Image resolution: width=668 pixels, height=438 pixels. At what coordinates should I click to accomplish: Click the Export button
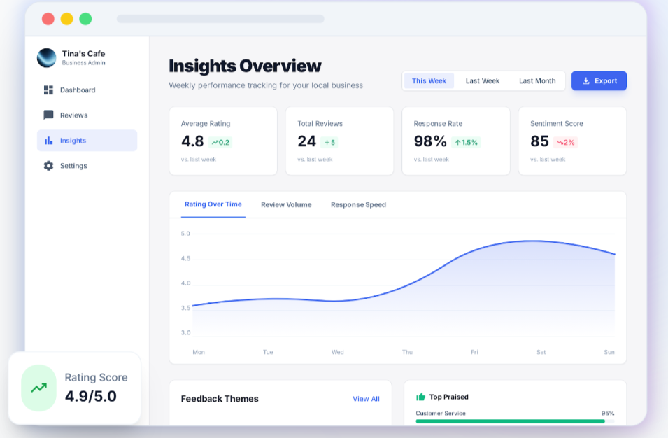pyautogui.click(x=599, y=80)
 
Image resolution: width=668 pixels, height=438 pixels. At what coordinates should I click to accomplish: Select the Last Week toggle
pyautogui.click(x=483, y=81)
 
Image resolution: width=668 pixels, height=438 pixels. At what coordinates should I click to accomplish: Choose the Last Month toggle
pyautogui.click(x=537, y=81)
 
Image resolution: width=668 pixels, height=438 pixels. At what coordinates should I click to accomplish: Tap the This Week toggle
pyautogui.click(x=429, y=81)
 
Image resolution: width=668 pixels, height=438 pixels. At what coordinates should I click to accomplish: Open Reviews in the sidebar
pyautogui.click(x=73, y=115)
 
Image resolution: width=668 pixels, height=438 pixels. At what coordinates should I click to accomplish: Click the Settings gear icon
pyautogui.click(x=48, y=166)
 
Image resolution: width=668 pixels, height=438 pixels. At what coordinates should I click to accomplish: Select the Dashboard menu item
pyautogui.click(x=77, y=90)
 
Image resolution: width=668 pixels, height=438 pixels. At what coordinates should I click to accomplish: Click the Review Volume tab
pyautogui.click(x=286, y=205)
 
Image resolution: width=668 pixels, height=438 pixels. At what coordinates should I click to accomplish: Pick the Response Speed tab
pyautogui.click(x=358, y=205)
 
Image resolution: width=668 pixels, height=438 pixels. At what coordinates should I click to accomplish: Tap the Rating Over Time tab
pyautogui.click(x=213, y=204)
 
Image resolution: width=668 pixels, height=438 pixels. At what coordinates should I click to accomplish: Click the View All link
pyautogui.click(x=366, y=399)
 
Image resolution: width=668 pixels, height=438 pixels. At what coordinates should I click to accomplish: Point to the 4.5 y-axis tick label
pyautogui.click(x=185, y=258)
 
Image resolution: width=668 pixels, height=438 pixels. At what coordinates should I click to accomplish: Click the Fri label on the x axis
pyautogui.click(x=474, y=352)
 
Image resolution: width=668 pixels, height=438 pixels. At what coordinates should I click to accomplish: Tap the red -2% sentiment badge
pyautogui.click(x=565, y=142)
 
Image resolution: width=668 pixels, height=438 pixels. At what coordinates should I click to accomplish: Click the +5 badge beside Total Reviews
pyautogui.click(x=329, y=142)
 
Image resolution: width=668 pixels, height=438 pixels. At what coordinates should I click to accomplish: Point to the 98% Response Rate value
pyautogui.click(x=430, y=141)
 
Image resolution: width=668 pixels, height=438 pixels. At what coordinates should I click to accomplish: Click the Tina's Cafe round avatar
pyautogui.click(x=47, y=57)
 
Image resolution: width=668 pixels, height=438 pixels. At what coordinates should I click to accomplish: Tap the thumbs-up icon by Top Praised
pyautogui.click(x=420, y=397)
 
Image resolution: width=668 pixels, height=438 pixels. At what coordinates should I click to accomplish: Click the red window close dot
pyautogui.click(x=48, y=19)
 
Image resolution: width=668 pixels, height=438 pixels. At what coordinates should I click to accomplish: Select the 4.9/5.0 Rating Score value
pyautogui.click(x=91, y=396)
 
